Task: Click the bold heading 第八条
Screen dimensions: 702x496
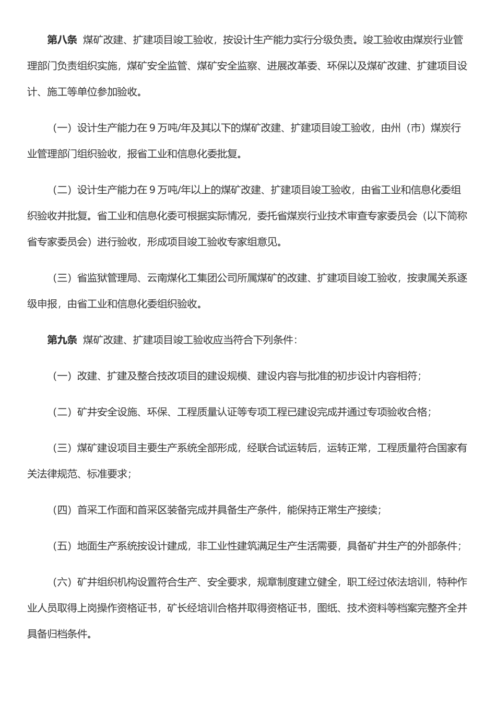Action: (62, 40)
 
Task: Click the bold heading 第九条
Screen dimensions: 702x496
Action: (62, 340)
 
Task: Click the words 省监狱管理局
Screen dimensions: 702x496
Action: (107, 278)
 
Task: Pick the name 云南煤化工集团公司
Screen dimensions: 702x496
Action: (192, 278)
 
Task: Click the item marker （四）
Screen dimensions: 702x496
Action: (62, 510)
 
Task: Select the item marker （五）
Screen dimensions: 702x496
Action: (62, 546)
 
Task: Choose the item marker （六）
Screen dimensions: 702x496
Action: (62, 582)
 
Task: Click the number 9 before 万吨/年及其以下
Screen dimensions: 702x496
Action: (152, 128)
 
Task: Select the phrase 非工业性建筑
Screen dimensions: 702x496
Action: (227, 546)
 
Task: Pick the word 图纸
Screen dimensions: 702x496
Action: (327, 609)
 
